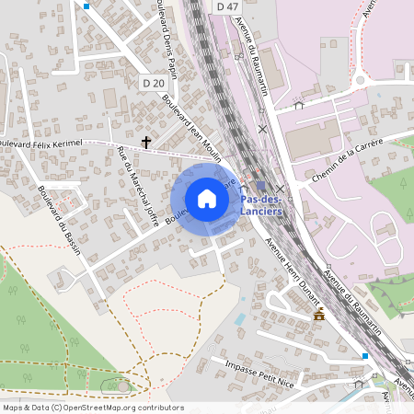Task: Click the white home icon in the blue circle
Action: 207,199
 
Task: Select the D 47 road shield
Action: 228,6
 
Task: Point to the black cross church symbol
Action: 146,143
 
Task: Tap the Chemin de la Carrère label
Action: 350,154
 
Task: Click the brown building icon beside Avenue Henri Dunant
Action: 318,316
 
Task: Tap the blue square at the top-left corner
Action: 86,6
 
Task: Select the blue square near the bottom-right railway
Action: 365,355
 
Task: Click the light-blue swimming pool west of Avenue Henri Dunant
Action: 240,318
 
